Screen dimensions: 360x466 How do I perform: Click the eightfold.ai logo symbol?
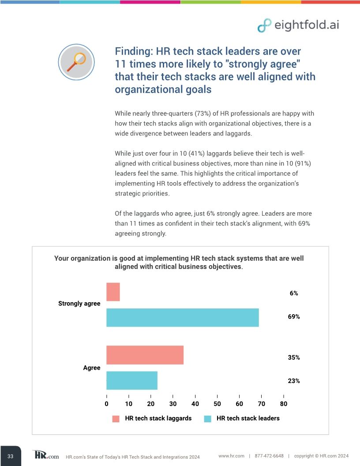pos(264,26)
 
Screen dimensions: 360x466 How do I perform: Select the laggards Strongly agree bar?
pos(113,292)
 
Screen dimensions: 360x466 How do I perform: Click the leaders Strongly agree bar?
pos(182,317)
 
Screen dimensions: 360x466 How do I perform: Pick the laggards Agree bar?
pos(145,355)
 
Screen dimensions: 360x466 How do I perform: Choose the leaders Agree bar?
pos(132,380)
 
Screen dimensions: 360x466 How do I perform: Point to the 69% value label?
pos(294,317)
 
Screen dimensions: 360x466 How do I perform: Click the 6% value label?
pos(294,293)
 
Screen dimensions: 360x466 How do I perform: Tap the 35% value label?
pos(294,357)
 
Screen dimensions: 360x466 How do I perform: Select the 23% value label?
pos(294,381)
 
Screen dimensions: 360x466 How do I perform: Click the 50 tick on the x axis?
pos(217,403)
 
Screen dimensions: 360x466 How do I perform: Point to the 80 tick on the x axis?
pos(284,403)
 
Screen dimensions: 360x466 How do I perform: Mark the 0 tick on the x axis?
pos(106,403)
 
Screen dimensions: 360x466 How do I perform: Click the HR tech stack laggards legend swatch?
pos(116,418)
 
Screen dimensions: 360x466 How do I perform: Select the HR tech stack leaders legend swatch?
pos(208,418)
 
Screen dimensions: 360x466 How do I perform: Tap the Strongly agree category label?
pos(79,304)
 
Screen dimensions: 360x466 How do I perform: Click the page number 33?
pos(10,456)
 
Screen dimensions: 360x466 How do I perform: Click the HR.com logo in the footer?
pos(45,455)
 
